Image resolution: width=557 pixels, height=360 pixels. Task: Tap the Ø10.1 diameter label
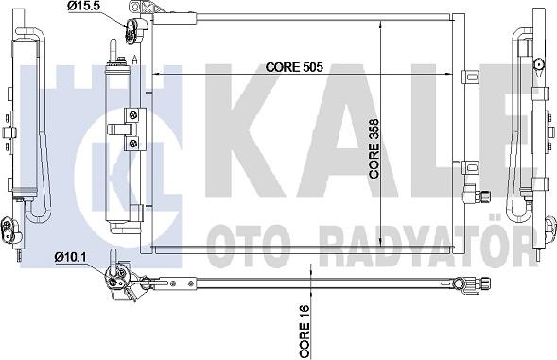(x=71, y=256)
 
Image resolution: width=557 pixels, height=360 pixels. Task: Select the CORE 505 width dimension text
(x=295, y=67)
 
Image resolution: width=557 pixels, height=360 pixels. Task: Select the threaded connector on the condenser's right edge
(x=478, y=196)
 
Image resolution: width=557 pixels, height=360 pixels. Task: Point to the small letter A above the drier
(x=136, y=60)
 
